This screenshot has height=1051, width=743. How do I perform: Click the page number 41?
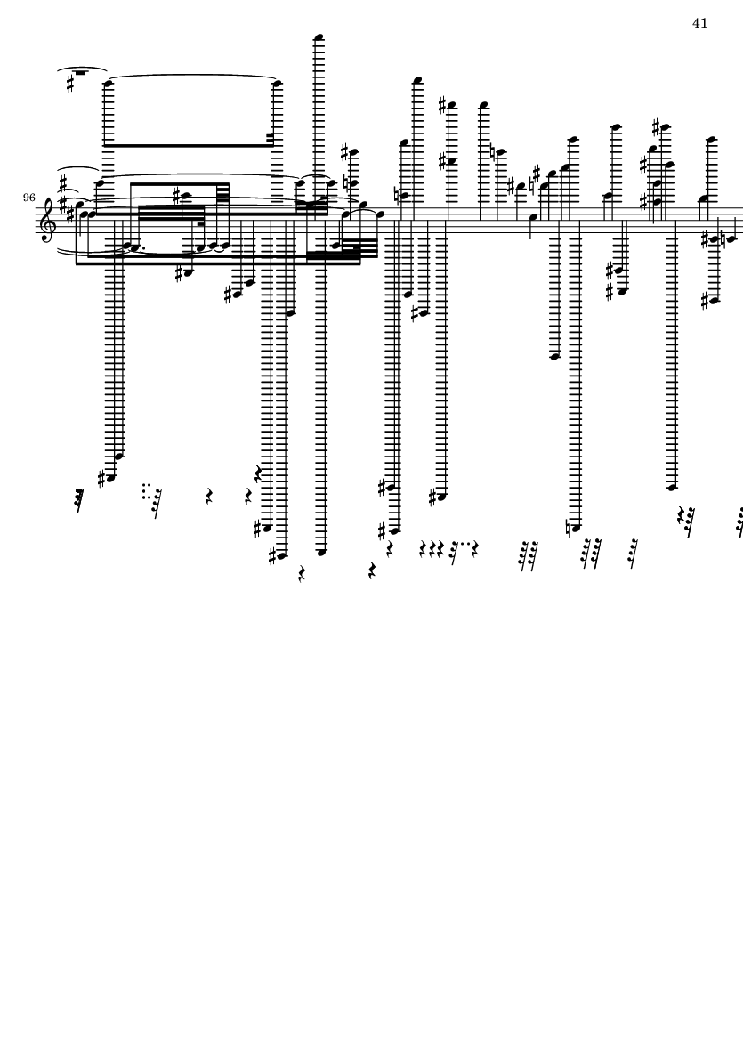point(699,23)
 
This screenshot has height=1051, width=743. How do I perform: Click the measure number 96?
point(29,198)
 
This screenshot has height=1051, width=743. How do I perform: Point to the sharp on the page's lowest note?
point(274,557)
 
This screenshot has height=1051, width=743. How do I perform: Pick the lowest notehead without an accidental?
point(322,552)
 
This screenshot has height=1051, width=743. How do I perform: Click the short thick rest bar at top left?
point(80,73)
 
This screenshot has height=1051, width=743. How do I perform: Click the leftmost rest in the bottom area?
point(80,500)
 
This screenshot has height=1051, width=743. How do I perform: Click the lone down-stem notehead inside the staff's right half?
point(532,217)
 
